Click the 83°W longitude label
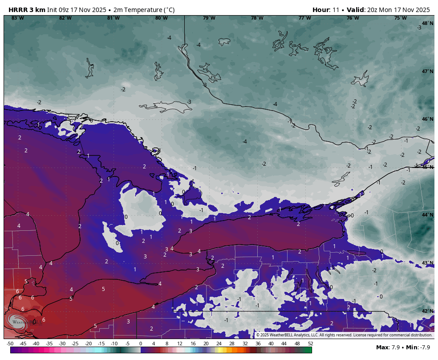coord(17,18)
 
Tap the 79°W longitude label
coord(209,18)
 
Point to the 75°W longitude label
coord(400,18)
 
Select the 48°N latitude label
coord(427,23)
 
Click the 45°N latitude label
coord(427,167)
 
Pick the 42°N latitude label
coord(427,311)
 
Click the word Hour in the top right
coord(321,10)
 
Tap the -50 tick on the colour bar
coord(10,344)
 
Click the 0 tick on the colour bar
coord(141,344)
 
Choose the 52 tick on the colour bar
coord(310,344)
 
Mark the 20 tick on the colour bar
coord(206,344)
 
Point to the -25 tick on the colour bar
coord(75,344)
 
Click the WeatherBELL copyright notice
coord(344,335)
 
